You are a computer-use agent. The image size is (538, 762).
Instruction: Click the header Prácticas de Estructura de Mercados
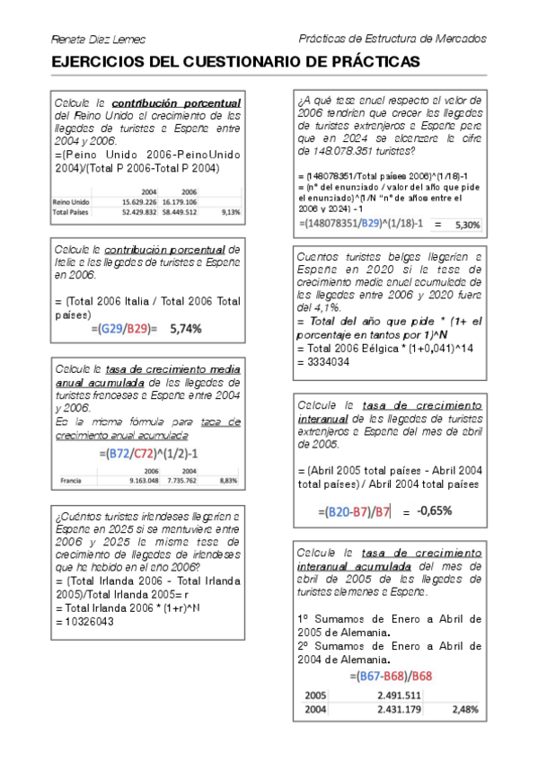pos(392,39)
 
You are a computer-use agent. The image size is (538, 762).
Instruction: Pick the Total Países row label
pos(73,212)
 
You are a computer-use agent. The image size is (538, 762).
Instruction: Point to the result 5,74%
pos(186,329)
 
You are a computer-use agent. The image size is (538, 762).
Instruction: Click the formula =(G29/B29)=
pos(124,329)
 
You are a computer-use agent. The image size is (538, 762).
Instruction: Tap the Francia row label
pos(72,482)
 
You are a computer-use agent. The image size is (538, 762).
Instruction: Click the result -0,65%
pos(434,510)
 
